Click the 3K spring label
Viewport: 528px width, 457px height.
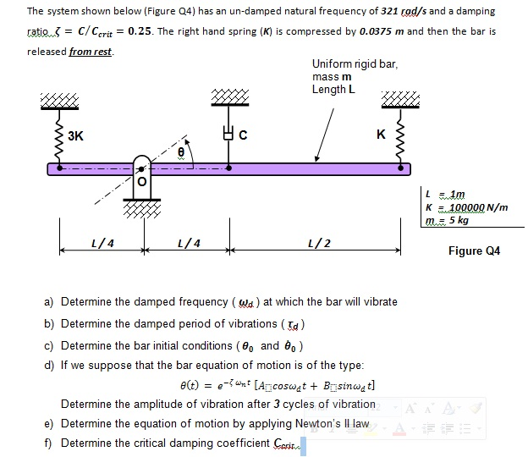coord(76,135)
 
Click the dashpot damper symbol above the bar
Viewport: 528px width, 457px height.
coord(226,134)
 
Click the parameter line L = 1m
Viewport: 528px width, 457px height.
coord(452,194)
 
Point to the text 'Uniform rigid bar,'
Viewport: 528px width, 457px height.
coord(355,64)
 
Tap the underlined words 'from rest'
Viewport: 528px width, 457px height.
coord(91,51)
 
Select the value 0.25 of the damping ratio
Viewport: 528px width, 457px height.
coord(140,31)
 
